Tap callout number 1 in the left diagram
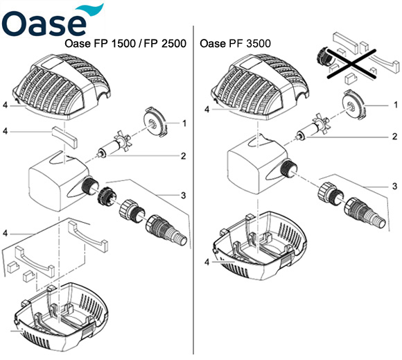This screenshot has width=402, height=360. [184, 123]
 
